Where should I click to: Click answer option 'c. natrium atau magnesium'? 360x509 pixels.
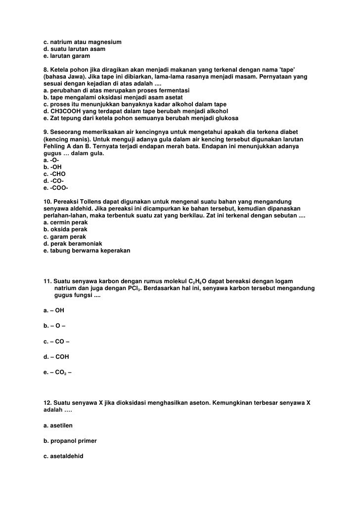[x=82, y=41]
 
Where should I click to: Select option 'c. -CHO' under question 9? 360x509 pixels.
[x=54, y=174]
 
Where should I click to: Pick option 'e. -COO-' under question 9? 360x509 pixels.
[x=56, y=188]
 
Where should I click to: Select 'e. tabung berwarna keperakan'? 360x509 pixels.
[x=87, y=251]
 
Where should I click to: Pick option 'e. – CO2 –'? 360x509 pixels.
[x=57, y=373]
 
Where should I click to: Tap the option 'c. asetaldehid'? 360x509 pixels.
[x=63, y=456]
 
